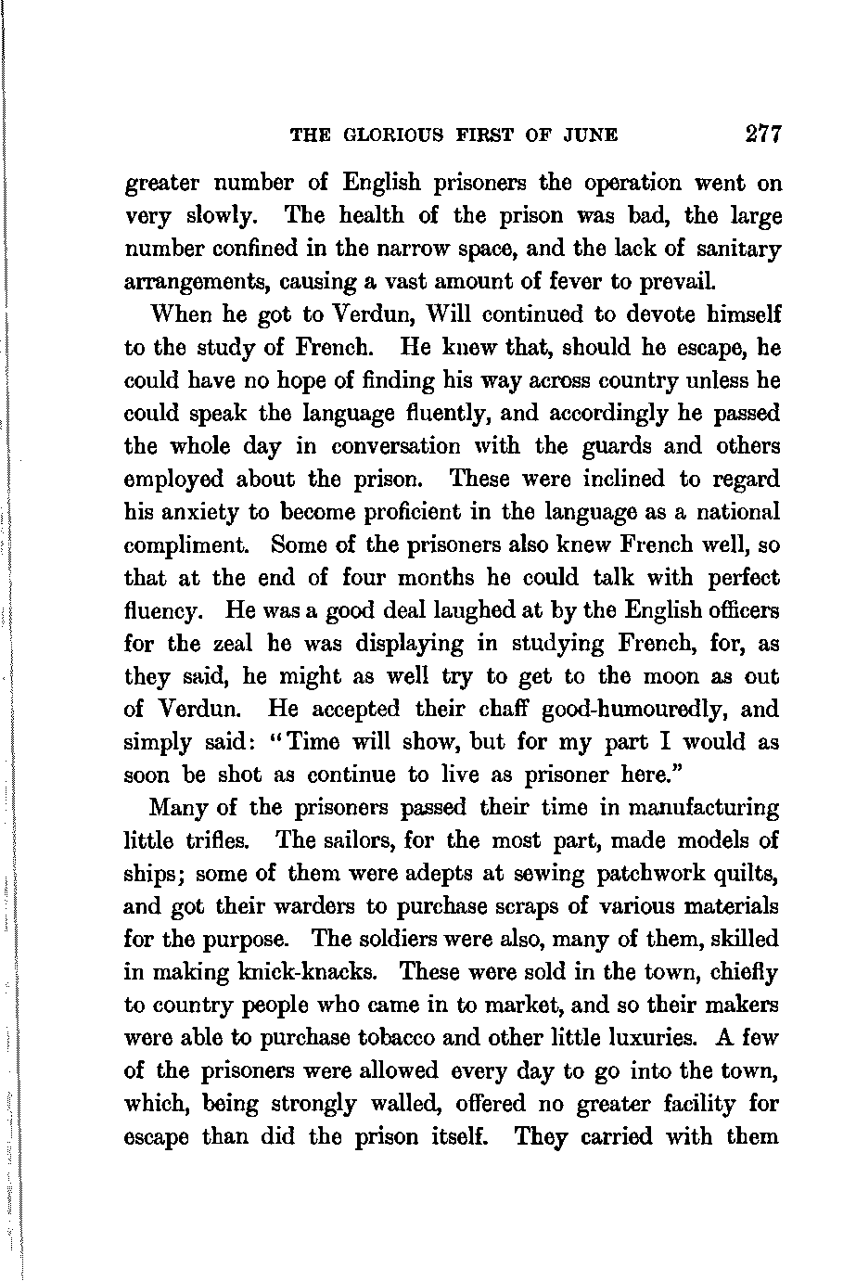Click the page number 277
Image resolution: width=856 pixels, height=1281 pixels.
(764, 134)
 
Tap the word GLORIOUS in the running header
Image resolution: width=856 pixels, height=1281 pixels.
(393, 135)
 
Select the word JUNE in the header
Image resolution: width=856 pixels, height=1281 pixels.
(593, 135)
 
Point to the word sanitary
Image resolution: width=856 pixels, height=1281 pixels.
(740, 249)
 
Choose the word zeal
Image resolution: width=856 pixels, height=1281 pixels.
(231, 644)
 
